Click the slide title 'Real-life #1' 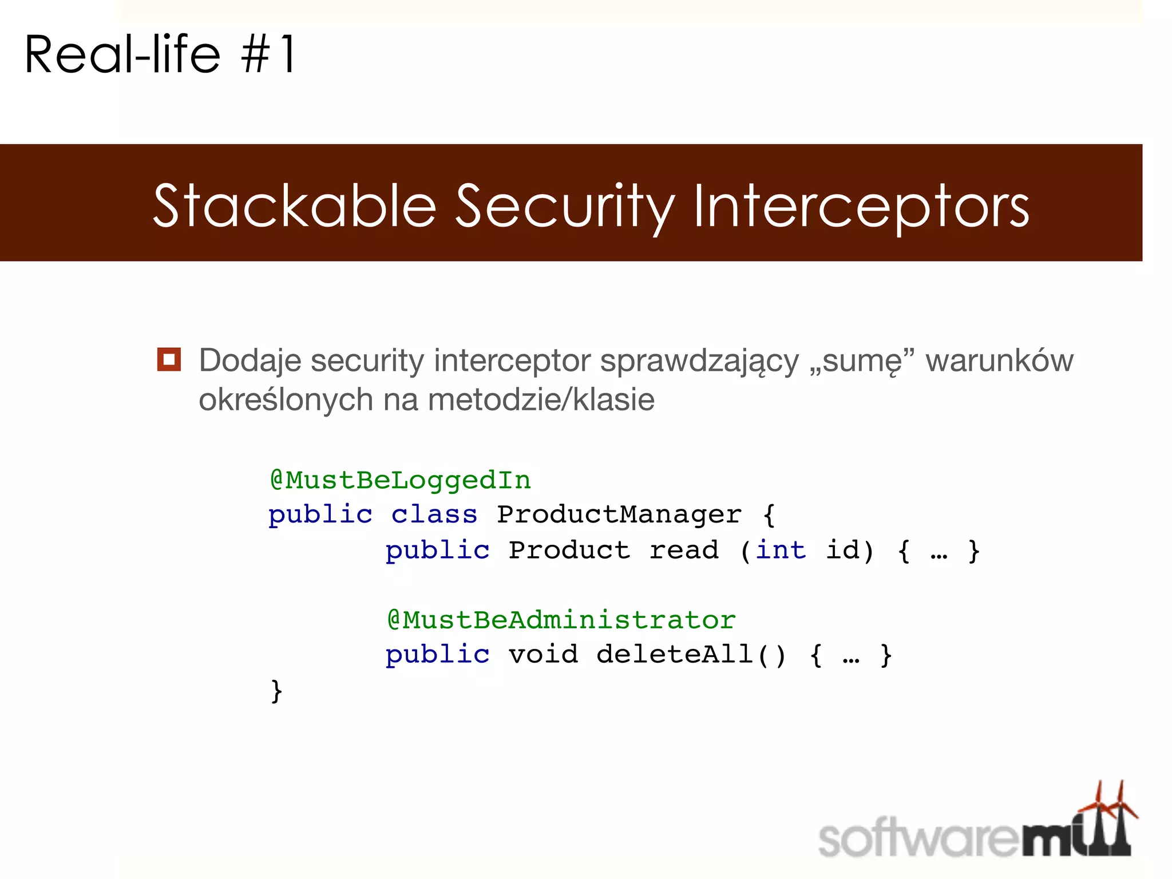(160, 54)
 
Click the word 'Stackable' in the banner (295, 206)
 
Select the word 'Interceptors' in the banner (861, 206)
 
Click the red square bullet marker (169, 359)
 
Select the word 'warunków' (999, 361)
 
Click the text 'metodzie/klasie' (541, 399)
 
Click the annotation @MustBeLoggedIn (401, 480)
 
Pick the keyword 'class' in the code (434, 514)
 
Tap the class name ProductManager (619, 514)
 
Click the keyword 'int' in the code (781, 550)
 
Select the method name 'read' (684, 550)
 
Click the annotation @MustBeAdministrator (561, 620)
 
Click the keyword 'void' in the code (543, 655)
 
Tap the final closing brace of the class (276, 691)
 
